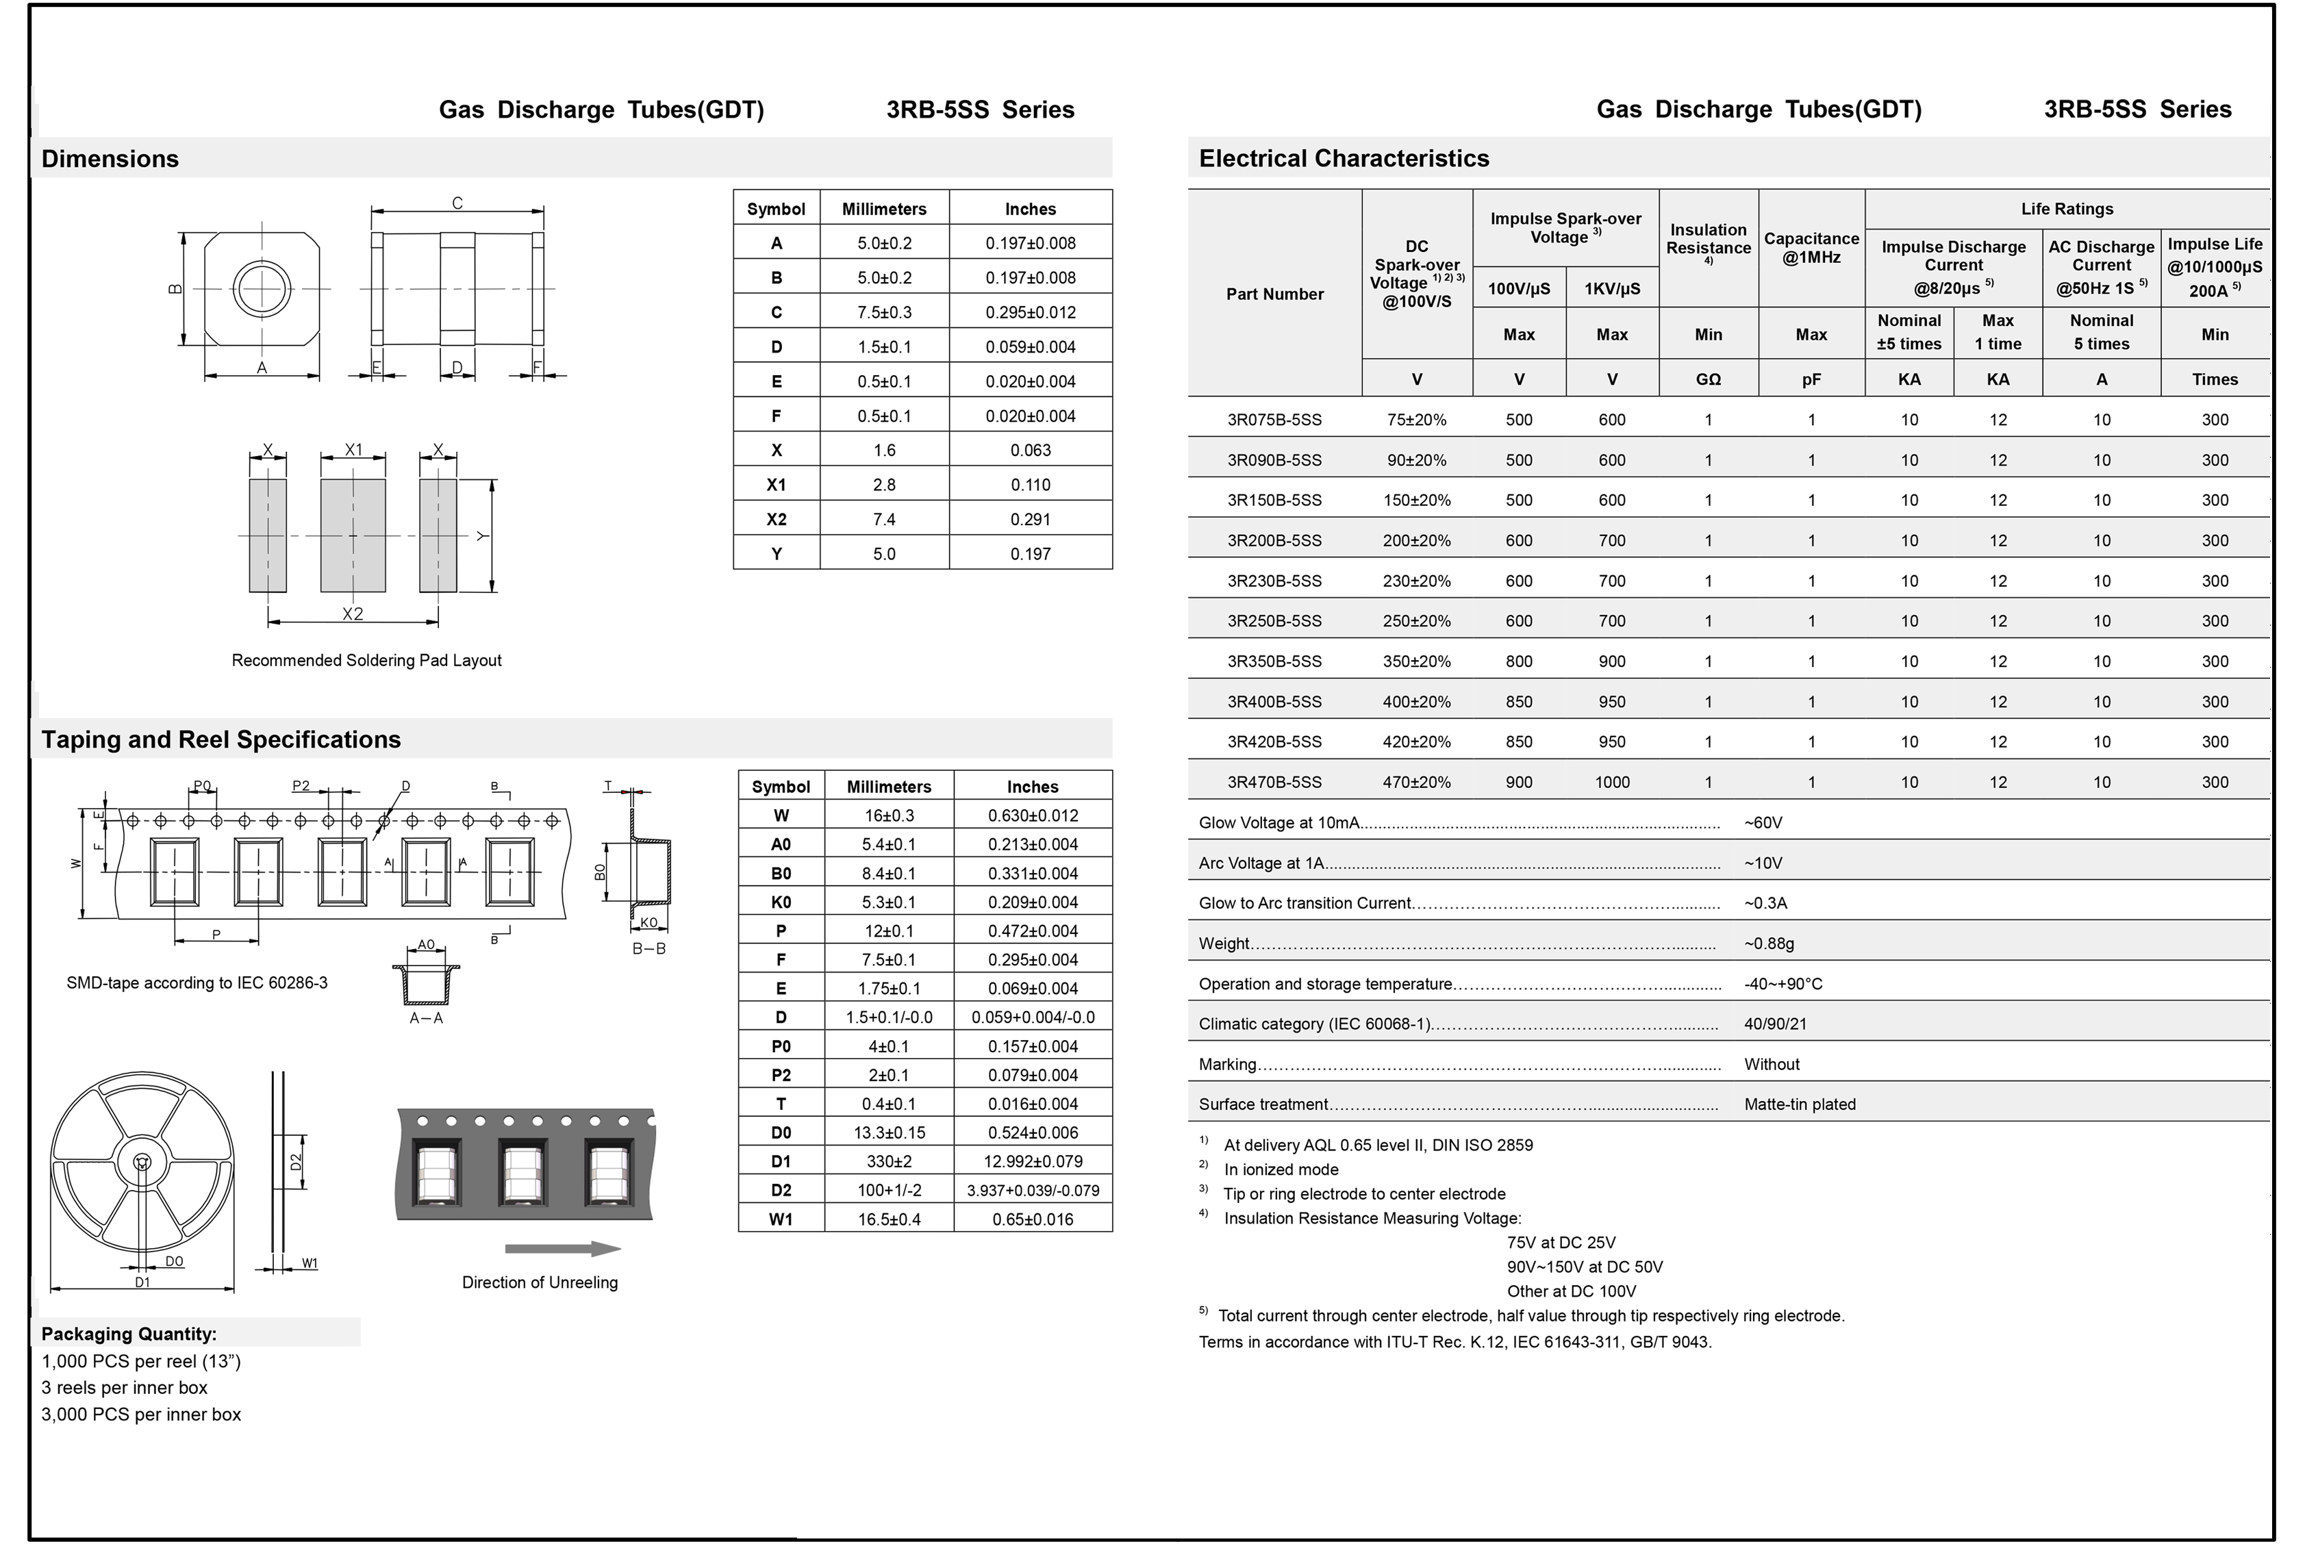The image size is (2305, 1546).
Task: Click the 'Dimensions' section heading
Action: pyautogui.click(x=110, y=159)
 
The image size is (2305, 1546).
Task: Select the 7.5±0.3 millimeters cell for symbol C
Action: pyautogui.click(x=883, y=312)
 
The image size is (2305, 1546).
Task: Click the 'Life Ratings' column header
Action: pyautogui.click(x=2067, y=209)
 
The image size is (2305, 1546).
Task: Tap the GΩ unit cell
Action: pyautogui.click(x=1708, y=379)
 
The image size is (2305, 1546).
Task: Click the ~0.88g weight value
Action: pyautogui.click(x=1769, y=943)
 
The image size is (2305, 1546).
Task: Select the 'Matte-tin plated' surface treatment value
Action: pyautogui.click(x=1799, y=1104)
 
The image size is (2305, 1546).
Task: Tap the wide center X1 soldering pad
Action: pyautogui.click(x=353, y=535)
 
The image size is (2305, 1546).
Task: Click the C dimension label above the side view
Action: pyautogui.click(x=457, y=203)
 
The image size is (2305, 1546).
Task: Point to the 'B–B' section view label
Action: pyautogui.click(x=648, y=948)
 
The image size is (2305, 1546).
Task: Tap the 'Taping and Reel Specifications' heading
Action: pyautogui.click(x=221, y=739)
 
